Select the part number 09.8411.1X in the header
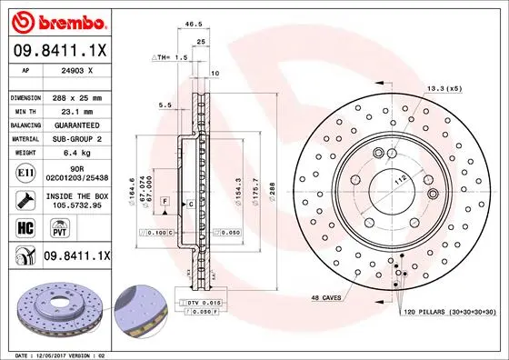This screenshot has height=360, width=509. tap(60, 52)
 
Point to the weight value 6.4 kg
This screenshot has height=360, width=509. tap(77, 153)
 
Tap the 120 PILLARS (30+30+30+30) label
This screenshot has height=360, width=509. tap(449, 312)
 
